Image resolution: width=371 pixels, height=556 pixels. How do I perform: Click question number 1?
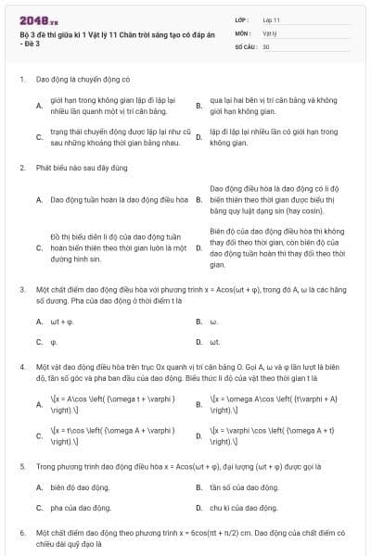coord(21,80)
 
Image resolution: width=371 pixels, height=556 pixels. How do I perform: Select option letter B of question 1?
coord(198,106)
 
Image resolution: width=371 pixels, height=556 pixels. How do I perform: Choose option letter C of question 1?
coord(39,138)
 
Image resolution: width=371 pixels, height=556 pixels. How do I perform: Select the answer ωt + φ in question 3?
coord(60,322)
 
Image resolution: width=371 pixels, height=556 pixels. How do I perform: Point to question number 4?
coord(21,367)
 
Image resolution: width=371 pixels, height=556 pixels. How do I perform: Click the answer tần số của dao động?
coord(243,487)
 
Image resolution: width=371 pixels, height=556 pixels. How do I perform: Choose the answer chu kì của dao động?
coord(243,508)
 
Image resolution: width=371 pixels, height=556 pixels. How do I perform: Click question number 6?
coord(21,535)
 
